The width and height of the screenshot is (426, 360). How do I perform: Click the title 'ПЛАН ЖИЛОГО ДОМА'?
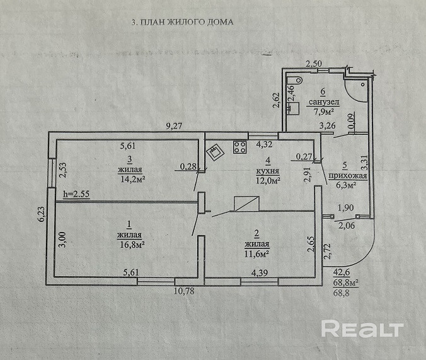pyautogui.click(x=187, y=21)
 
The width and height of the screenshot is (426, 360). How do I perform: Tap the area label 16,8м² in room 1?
pyautogui.click(x=131, y=244)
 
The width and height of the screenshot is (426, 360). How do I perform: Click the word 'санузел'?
pyautogui.click(x=324, y=102)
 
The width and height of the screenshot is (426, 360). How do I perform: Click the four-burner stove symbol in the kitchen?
pyautogui.click(x=240, y=148)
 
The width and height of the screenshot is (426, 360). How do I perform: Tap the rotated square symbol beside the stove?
pyautogui.click(x=217, y=151)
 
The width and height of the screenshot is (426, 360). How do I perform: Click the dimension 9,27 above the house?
pyautogui.click(x=174, y=126)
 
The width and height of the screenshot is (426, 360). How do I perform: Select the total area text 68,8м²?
pyautogui.click(x=345, y=283)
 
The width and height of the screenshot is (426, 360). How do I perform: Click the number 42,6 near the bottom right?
pyautogui.click(x=341, y=273)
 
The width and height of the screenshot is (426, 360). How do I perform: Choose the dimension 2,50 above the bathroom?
pyautogui.click(x=313, y=63)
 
